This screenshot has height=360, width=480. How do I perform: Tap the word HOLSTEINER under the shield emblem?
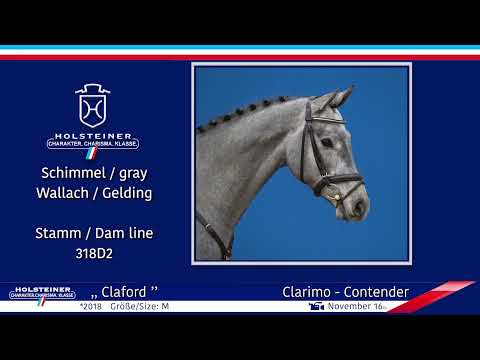point(93,133)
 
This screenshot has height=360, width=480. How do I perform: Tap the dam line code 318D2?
point(93,253)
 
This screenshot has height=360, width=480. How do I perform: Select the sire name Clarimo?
point(309,292)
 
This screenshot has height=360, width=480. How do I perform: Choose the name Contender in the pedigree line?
point(375,292)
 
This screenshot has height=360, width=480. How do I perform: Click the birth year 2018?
point(91,306)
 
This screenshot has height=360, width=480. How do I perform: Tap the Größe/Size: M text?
point(139,306)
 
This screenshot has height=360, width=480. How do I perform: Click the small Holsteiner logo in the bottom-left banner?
point(40,293)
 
